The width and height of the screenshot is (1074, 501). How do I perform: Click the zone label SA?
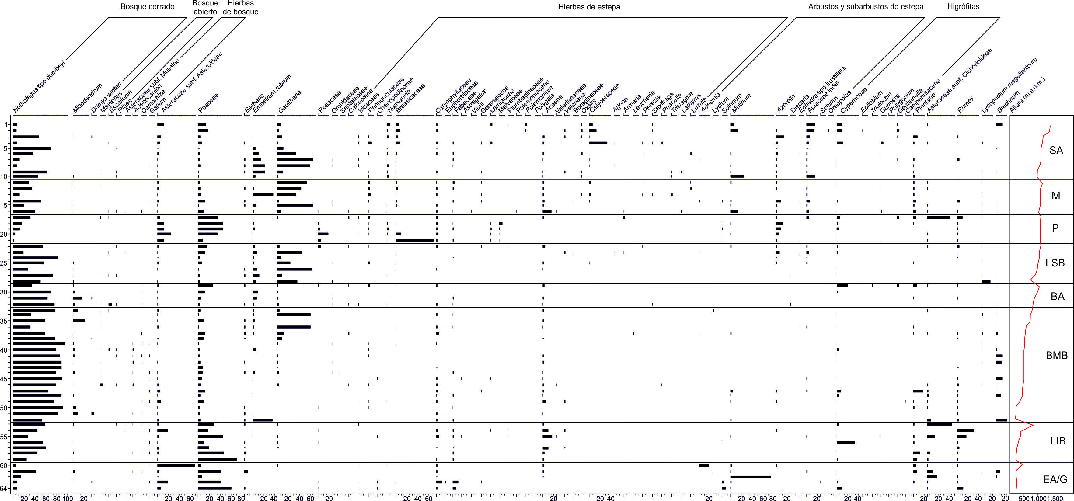[x=1056, y=151]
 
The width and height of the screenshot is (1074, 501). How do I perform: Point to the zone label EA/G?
[x=1055, y=480]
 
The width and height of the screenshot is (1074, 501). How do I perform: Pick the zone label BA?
[x=1057, y=296]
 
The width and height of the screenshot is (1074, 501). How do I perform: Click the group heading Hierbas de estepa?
[x=589, y=7]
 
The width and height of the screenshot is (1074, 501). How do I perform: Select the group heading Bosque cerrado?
[x=147, y=7]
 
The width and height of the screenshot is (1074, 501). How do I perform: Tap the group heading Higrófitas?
[x=963, y=7]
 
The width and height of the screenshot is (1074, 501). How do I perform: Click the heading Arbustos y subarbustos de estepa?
[x=866, y=7]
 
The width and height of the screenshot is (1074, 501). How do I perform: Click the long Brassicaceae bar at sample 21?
[x=414, y=240]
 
